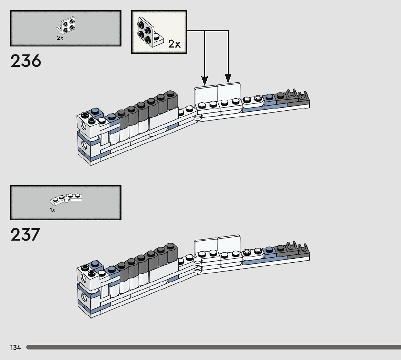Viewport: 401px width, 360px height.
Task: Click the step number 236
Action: [x=26, y=61]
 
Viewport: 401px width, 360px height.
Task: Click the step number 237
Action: [x=25, y=234]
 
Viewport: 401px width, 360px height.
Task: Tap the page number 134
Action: [x=16, y=347]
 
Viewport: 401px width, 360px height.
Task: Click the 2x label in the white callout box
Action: [x=174, y=44]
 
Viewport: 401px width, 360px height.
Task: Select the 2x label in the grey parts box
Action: [x=60, y=38]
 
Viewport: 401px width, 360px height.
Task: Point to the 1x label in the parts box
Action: [x=53, y=210]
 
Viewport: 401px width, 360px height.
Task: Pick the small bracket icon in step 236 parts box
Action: [x=66, y=26]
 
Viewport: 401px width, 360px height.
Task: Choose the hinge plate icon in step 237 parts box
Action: [x=66, y=199]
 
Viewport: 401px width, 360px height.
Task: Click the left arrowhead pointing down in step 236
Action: [x=204, y=81]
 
